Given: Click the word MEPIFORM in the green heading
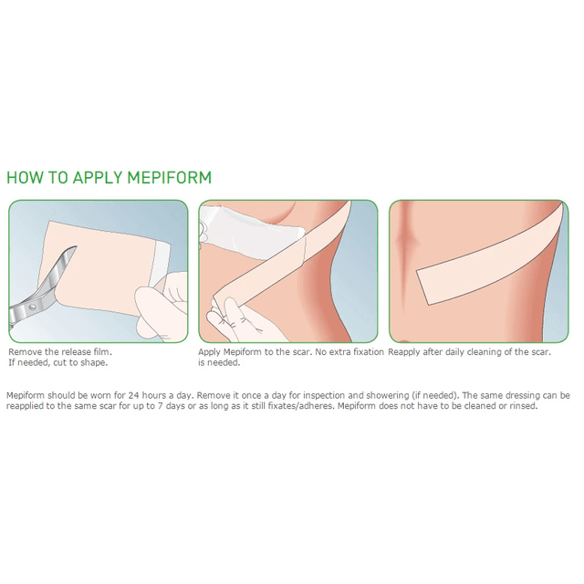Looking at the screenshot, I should [x=169, y=177].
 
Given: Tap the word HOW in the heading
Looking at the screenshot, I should [x=26, y=177].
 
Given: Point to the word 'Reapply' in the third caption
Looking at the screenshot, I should [x=407, y=351].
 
